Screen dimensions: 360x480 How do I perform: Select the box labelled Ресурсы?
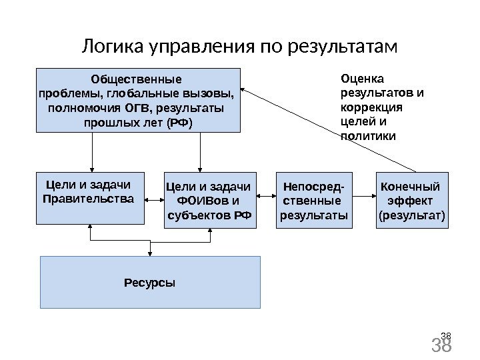pyautogui.click(x=150, y=282)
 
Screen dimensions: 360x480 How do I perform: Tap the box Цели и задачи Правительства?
pyautogui.click(x=89, y=197)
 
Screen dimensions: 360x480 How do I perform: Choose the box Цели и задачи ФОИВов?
pyautogui.click(x=209, y=200)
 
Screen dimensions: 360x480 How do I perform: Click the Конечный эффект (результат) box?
pyautogui.click(x=411, y=200)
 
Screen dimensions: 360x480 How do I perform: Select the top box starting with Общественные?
pyautogui.click(x=138, y=99)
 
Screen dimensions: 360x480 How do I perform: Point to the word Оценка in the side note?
pyautogui.click(x=359, y=79)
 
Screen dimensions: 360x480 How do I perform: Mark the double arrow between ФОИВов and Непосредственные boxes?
pyautogui.click(x=267, y=197)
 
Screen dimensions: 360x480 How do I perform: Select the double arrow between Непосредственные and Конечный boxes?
pyautogui.click(x=364, y=197)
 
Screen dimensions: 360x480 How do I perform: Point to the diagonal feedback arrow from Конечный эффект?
pyautogui.click(x=327, y=127)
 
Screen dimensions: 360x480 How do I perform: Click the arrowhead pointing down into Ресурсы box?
pyautogui.click(x=151, y=253)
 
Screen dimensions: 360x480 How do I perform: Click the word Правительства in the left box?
pyautogui.click(x=88, y=199)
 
